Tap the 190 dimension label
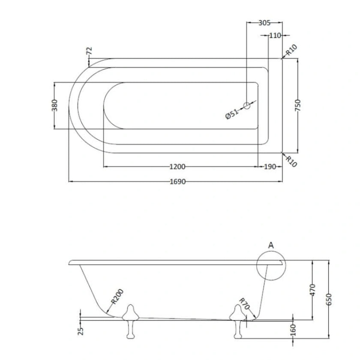269,167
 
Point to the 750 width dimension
298,105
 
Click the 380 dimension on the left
54,105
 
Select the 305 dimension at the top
264,23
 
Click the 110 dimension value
275,36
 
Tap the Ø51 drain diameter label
232,114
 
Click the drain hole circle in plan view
247,105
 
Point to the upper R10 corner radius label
292,51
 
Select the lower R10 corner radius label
292,162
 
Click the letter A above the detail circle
270,245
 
